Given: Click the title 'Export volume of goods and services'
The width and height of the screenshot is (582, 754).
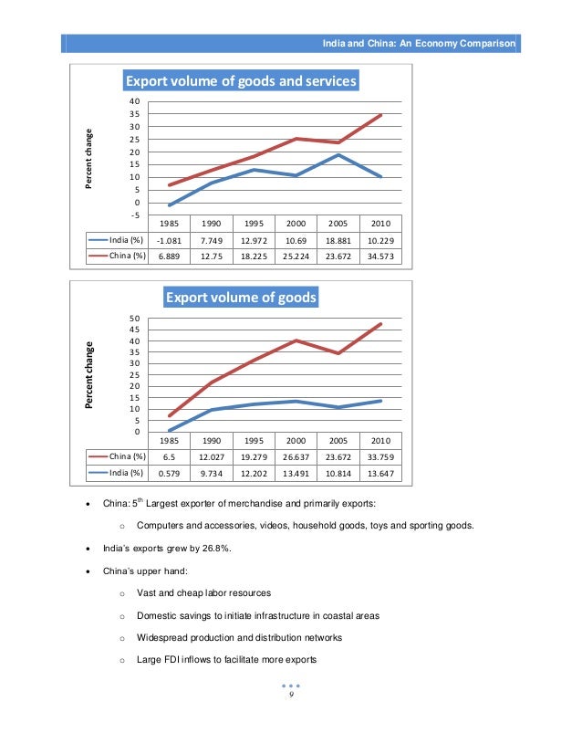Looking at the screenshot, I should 240,80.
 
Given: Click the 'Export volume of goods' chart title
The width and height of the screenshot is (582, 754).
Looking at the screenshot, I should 240,298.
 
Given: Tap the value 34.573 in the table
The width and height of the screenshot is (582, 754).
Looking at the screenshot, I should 375,256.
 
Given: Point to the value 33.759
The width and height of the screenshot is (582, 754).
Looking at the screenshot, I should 375,456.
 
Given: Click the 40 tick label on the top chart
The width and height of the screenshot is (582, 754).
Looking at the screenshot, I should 134,101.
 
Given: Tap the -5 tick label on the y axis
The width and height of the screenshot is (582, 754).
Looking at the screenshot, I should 134,215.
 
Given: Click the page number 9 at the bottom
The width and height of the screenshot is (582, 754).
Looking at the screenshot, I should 290,695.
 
